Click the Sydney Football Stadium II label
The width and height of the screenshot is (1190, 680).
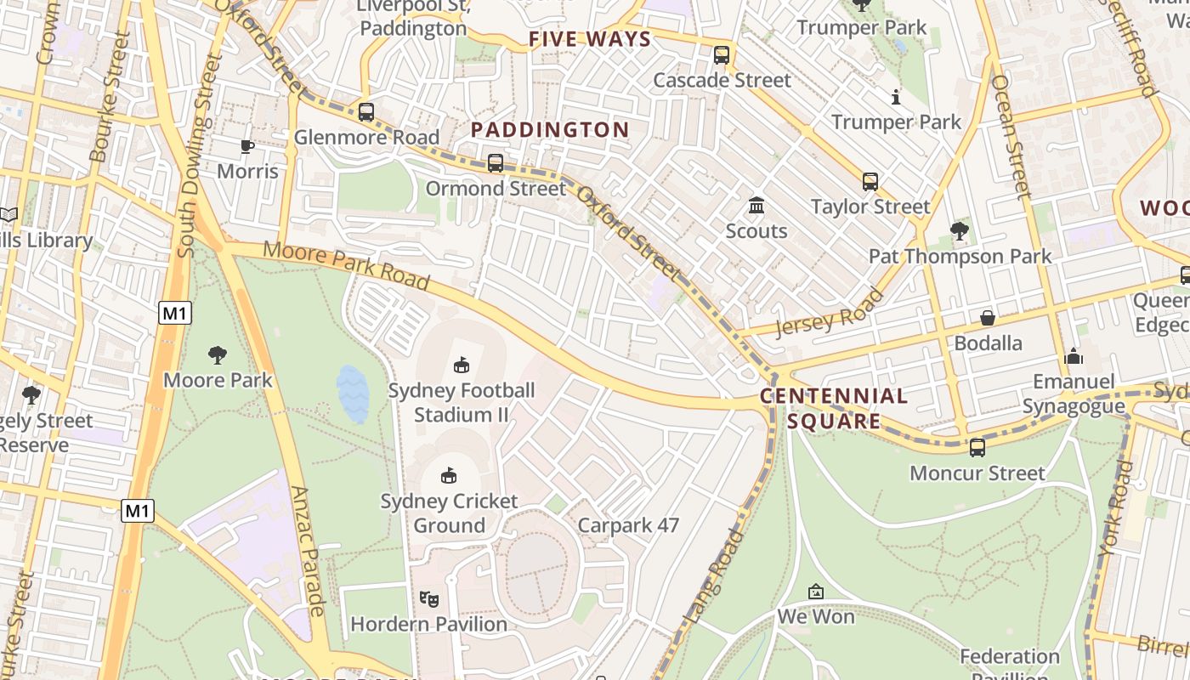(x=461, y=403)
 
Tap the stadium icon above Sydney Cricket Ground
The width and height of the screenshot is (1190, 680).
(x=449, y=475)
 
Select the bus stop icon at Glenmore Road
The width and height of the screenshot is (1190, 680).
(x=366, y=112)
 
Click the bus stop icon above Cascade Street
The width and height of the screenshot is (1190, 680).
(x=722, y=55)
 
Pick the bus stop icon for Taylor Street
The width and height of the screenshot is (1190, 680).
(x=870, y=181)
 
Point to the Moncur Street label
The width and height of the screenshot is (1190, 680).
(x=977, y=473)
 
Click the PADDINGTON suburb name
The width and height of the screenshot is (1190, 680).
(x=550, y=130)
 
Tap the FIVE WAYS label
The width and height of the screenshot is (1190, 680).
(x=590, y=39)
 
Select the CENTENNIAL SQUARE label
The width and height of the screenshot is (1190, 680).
(x=833, y=408)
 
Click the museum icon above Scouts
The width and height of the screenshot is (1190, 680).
(x=756, y=206)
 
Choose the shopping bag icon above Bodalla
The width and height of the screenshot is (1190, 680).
(x=988, y=318)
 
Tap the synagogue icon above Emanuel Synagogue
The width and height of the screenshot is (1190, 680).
(x=1074, y=356)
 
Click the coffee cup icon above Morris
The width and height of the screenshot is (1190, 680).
(x=247, y=146)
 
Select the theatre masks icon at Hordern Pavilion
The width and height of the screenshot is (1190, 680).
(x=429, y=599)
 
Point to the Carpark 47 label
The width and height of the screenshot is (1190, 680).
(x=628, y=525)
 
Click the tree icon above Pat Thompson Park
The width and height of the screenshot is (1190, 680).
(x=960, y=230)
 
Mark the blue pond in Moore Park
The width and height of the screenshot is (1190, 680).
(x=353, y=394)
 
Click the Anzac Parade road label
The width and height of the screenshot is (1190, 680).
(x=308, y=551)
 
